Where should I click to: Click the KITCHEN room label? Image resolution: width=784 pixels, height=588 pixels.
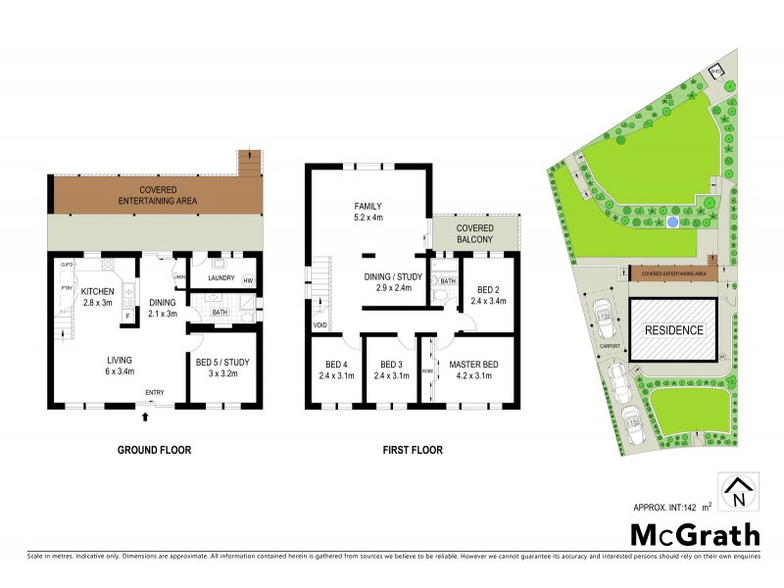click(97, 291)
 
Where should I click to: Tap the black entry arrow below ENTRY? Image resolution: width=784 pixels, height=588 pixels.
click(146, 416)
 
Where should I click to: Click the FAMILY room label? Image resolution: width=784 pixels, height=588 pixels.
click(367, 206)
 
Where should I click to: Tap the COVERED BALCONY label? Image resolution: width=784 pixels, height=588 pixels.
click(475, 234)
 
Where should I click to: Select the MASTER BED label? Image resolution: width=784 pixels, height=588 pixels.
click(473, 365)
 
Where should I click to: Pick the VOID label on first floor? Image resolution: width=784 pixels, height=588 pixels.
click(320, 325)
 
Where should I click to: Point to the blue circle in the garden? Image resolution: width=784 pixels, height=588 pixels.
click(671, 222)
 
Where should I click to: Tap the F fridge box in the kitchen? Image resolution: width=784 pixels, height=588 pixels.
click(128, 315)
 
